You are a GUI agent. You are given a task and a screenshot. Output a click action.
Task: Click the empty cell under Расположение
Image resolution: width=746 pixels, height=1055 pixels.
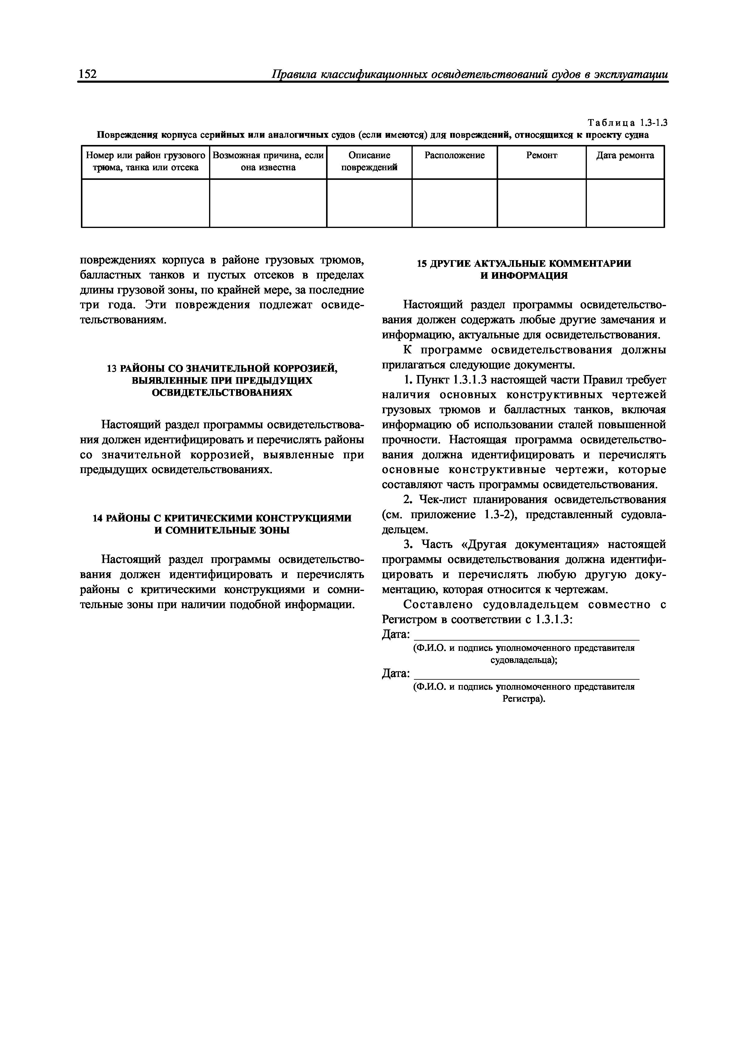pyautogui.click(x=454, y=203)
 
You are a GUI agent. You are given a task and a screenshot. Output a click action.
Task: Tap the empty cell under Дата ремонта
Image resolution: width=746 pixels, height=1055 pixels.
pyautogui.click(x=625, y=203)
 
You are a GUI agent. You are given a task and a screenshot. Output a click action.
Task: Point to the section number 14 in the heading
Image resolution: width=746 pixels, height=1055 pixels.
pyautogui.click(x=98, y=518)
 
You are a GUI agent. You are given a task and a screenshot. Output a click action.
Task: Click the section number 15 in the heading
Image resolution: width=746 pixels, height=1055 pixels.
pyautogui.click(x=421, y=264)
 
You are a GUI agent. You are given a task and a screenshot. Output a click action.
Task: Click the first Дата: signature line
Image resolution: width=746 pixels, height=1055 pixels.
pyautogui.click(x=526, y=635)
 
